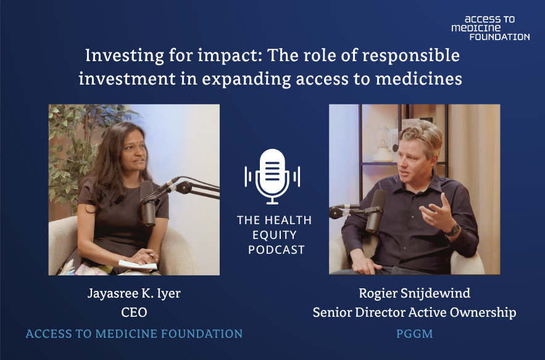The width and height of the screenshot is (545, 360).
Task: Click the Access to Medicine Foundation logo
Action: pyautogui.click(x=491, y=28)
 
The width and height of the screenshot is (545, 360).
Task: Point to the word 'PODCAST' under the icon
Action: pyautogui.click(x=277, y=249)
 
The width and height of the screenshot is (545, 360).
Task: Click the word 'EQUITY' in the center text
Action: pyautogui.click(x=275, y=235)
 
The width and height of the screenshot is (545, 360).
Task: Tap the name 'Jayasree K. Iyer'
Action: pyautogui.click(x=134, y=293)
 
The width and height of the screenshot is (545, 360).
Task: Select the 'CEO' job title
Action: pyautogui.click(x=134, y=312)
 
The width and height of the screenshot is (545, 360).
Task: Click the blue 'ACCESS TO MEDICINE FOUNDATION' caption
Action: pyautogui.click(x=134, y=334)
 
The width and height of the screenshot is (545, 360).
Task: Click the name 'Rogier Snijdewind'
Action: pyautogui.click(x=414, y=293)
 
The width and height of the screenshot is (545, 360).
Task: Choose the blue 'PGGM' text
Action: pyautogui.click(x=415, y=334)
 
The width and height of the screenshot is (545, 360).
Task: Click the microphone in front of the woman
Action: pyautogui.click(x=148, y=204)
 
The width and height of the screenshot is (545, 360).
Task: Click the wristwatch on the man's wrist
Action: pyautogui.click(x=453, y=230)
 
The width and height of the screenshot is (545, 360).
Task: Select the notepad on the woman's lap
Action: pyautogui.click(x=138, y=265)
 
